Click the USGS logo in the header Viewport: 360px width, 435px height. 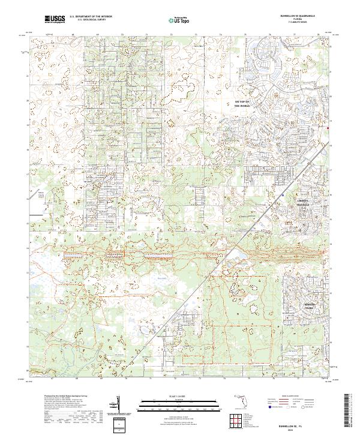coord(55,19)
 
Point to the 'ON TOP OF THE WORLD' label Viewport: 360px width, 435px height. coord(241,104)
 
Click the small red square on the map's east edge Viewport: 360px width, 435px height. coord(328,127)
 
